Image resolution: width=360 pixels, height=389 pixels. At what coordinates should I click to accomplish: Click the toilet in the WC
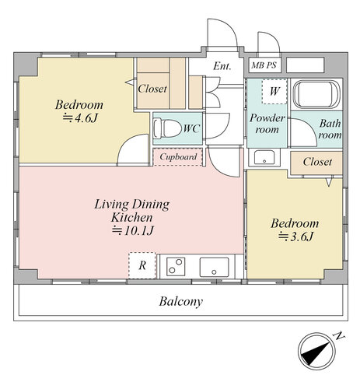tap(167, 128)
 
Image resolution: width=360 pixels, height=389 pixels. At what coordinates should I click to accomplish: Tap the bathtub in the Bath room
tap(316, 94)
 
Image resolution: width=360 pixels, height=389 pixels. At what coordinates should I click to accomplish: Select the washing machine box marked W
tap(274, 91)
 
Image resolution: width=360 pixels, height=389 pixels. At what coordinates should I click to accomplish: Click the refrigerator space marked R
tap(142, 265)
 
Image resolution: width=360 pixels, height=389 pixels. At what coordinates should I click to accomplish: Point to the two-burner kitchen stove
tap(176, 266)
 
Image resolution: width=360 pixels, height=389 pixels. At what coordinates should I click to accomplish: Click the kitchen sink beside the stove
tap(214, 267)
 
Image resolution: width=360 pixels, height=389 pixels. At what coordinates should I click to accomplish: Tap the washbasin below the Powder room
tap(264, 157)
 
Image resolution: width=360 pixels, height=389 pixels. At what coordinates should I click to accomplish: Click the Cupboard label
tap(178, 156)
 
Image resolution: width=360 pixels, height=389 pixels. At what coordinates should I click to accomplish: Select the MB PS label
tap(264, 65)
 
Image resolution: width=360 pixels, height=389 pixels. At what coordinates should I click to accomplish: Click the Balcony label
tap(180, 302)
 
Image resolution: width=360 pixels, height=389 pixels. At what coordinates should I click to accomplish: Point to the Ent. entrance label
tap(222, 66)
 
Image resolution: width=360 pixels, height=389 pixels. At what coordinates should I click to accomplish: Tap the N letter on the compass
tap(339, 336)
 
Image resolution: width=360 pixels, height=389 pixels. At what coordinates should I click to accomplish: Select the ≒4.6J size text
tap(80, 118)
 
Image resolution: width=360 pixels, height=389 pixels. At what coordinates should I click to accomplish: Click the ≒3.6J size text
tap(295, 237)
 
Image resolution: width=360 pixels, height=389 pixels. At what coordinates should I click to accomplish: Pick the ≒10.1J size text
tap(133, 230)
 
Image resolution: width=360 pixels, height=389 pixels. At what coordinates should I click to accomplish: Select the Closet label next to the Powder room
tap(317, 162)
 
